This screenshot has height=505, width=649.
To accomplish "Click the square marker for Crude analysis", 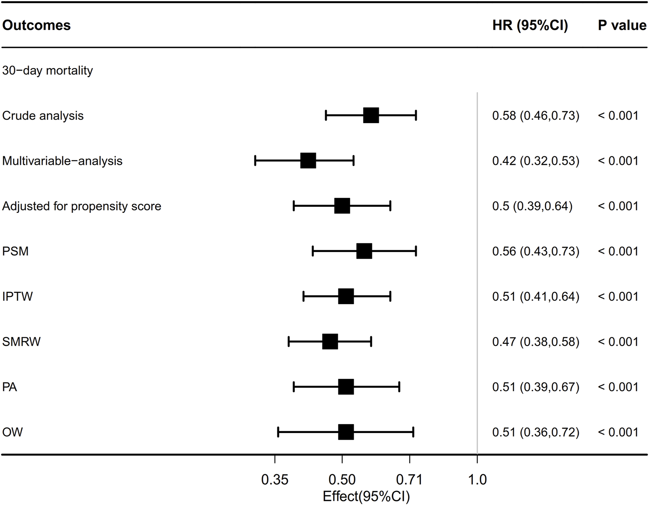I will point(371,116).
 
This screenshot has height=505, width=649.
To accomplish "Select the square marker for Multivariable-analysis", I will point(308,161).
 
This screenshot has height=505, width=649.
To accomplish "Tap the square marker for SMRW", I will point(330,342).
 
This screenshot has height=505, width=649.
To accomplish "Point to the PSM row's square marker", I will point(364,251).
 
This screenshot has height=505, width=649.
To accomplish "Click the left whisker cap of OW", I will point(278,432).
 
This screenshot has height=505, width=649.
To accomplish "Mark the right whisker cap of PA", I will point(399,387).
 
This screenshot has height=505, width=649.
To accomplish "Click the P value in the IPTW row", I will point(618,297).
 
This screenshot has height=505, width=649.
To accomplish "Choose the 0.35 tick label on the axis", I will point(275,480).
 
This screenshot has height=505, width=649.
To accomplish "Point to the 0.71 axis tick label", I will point(409,480).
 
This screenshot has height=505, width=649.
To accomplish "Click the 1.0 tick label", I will point(477,480).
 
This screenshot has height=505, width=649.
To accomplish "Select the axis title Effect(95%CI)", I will point(366,497).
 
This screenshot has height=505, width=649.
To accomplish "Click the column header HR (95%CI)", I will point(530,25).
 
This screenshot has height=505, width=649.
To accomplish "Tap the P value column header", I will point(622,25).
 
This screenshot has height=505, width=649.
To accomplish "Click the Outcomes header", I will point(36,25).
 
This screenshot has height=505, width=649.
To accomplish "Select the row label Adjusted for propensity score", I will point(82,206).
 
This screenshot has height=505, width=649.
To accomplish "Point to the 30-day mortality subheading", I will point(48,71).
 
